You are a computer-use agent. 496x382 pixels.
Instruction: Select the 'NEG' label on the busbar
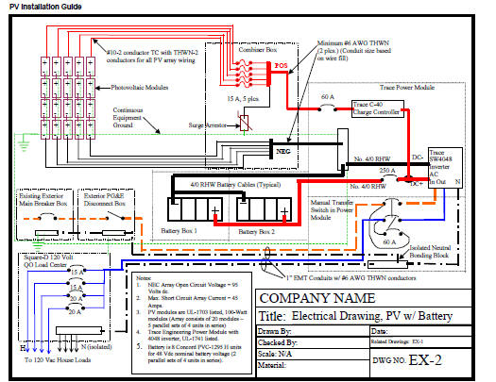284,149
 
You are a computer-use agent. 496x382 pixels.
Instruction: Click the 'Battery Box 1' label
192,230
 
